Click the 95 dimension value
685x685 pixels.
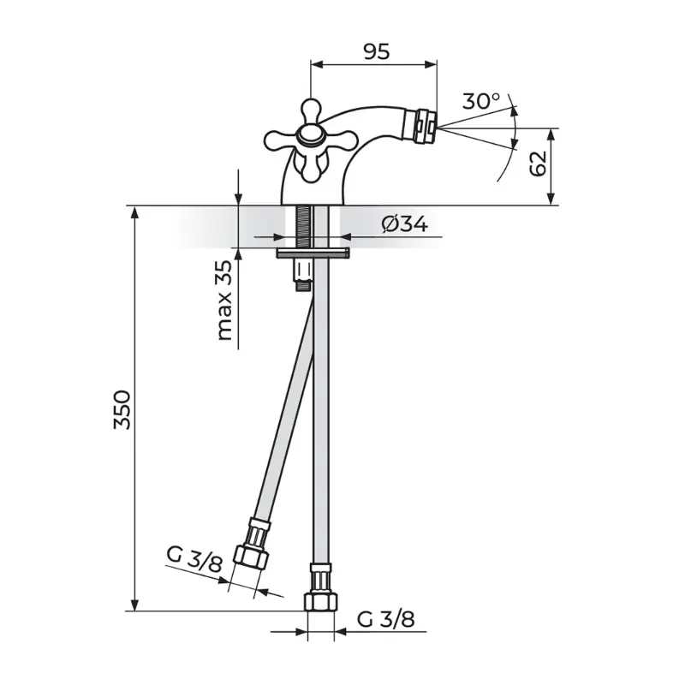pyautogui.click(x=376, y=52)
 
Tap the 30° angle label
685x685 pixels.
pyautogui.click(x=481, y=101)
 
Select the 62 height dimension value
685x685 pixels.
pyautogui.click(x=538, y=163)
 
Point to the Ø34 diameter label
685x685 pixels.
pyautogui.click(x=404, y=225)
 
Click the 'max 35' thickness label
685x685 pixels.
pyautogui.click(x=224, y=301)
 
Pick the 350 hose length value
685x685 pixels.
pyautogui.click(x=122, y=410)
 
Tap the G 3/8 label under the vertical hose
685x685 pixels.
pyautogui.click(x=386, y=619)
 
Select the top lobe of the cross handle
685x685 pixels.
pyautogui.click(x=310, y=110)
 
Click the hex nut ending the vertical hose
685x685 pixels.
pyautogui.click(x=320, y=602)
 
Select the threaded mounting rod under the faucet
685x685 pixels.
pyautogui.click(x=304, y=227)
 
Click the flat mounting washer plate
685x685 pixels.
pyautogui.click(x=313, y=253)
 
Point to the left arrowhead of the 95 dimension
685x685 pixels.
pyautogui.click(x=316, y=65)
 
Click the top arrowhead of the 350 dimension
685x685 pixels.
pyautogui.click(x=135, y=212)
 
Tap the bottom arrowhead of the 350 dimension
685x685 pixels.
pyautogui.click(x=135, y=605)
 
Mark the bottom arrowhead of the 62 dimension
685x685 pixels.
pyautogui.click(x=551, y=199)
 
